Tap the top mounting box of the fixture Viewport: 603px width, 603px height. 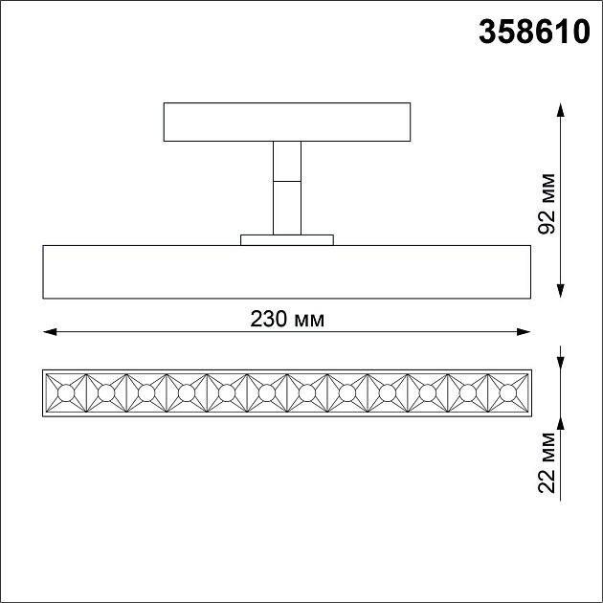click(287, 122)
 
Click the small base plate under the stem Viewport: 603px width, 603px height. click(287, 239)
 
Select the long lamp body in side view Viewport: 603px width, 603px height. click(287, 272)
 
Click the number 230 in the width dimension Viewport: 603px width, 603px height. click(268, 320)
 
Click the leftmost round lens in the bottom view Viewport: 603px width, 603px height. click(65, 393)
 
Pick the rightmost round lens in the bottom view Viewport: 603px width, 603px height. click(507, 393)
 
